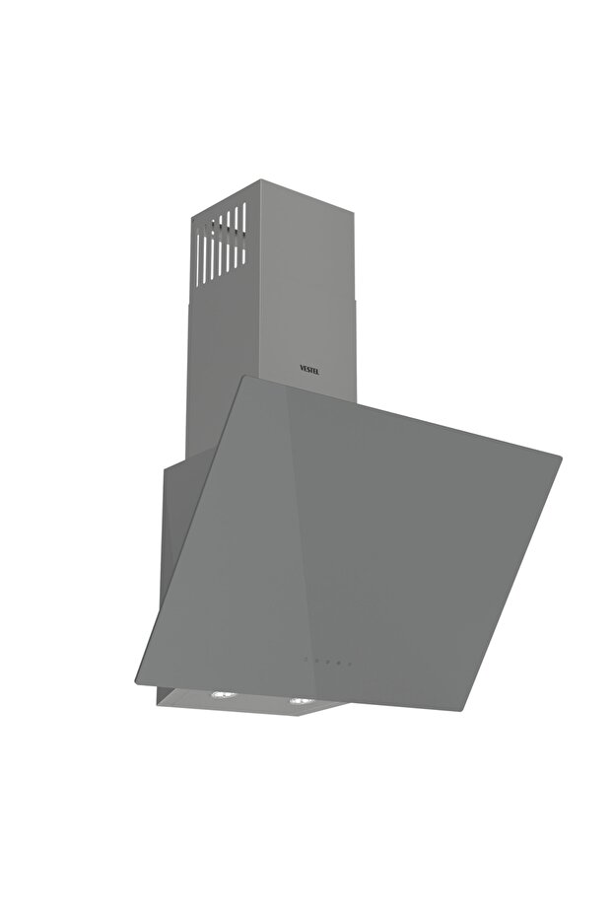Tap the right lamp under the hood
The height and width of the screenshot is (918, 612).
tap(298, 701)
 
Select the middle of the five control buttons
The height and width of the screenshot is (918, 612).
tap(327, 661)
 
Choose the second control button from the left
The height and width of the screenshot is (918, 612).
tap(316, 661)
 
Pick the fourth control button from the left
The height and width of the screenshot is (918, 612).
tap(338, 662)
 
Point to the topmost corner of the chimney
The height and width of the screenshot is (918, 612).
tap(260, 180)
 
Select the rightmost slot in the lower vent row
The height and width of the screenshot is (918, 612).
tap(243, 250)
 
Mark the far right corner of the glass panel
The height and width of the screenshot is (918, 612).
tap(561, 458)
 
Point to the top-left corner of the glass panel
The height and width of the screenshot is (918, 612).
tap(246, 378)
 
